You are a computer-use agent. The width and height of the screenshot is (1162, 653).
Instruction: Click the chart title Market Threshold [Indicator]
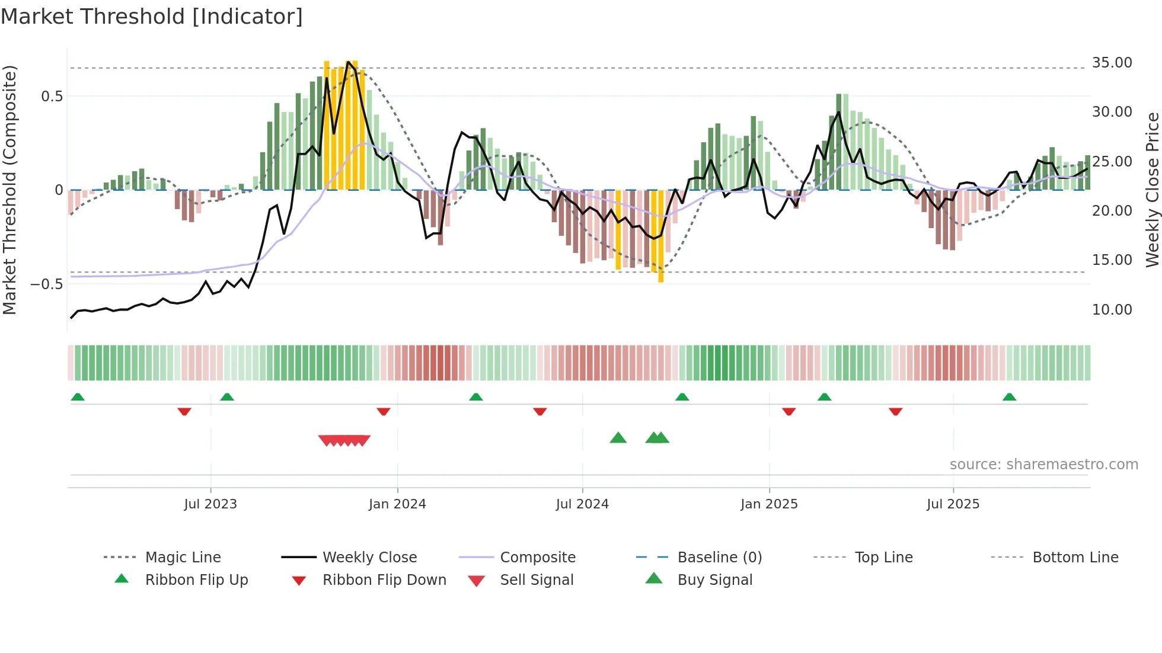click(152, 17)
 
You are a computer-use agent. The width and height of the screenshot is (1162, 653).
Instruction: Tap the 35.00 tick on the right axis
click(1112, 63)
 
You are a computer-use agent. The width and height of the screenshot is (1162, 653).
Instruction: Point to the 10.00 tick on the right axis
click(1112, 310)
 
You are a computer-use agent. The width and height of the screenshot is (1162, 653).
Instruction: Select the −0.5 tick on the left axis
click(46, 284)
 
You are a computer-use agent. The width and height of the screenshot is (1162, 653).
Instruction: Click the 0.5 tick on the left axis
click(52, 97)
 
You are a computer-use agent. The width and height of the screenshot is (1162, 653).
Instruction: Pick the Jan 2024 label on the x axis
click(397, 504)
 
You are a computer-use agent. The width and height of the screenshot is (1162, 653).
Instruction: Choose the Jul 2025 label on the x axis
click(953, 504)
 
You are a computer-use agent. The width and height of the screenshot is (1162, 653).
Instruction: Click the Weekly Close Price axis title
click(1152, 190)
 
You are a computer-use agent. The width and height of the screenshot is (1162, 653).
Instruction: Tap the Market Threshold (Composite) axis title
click(9, 190)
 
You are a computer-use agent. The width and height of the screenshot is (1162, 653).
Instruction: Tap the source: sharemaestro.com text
click(1043, 465)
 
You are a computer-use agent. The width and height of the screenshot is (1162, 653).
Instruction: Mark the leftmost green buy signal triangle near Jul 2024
click(618, 438)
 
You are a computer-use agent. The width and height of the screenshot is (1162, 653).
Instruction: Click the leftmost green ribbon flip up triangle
click(78, 397)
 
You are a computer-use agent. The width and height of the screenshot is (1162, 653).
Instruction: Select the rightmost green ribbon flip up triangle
click(1009, 397)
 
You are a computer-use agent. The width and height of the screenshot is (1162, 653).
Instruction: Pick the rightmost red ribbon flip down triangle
click(895, 411)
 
